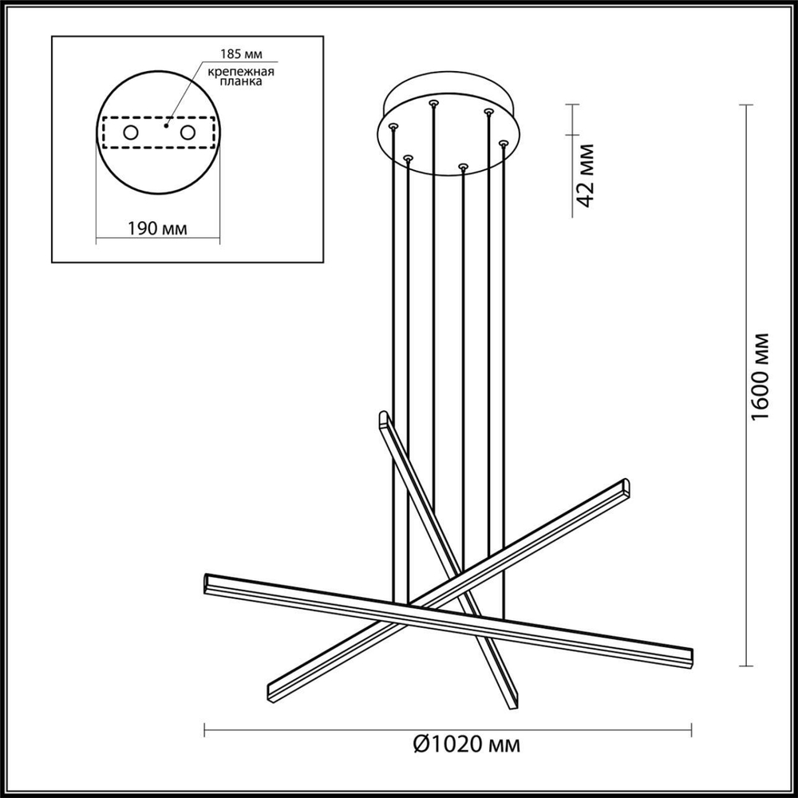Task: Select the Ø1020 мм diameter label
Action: [x=467, y=746]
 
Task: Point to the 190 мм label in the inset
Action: [x=157, y=228]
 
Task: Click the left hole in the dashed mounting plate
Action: [x=129, y=132]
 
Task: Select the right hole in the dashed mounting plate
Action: [x=188, y=132]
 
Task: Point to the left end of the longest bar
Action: [x=208, y=580]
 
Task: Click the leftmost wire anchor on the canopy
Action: [x=392, y=125]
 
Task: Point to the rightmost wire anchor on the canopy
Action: [x=503, y=144]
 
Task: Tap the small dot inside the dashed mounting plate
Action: [x=165, y=125]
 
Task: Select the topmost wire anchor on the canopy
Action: [x=433, y=103]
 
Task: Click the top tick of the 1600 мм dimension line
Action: [x=746, y=105]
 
